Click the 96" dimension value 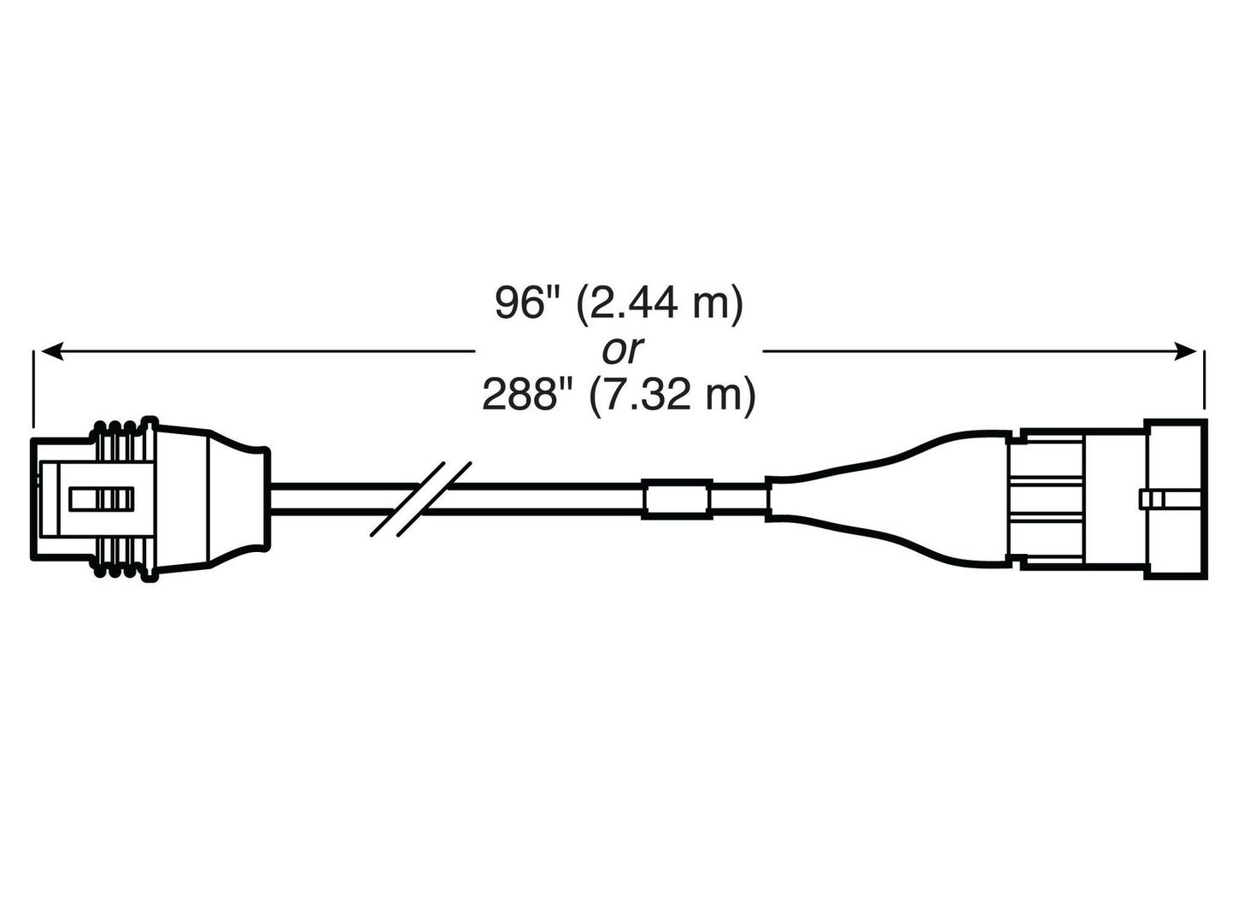pyautogui.click(x=526, y=303)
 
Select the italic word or pyautogui.click(x=622, y=350)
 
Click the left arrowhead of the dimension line pyautogui.click(x=51, y=351)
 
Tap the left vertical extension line pyautogui.click(x=34, y=388)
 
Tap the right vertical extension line pyautogui.click(x=1204, y=379)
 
